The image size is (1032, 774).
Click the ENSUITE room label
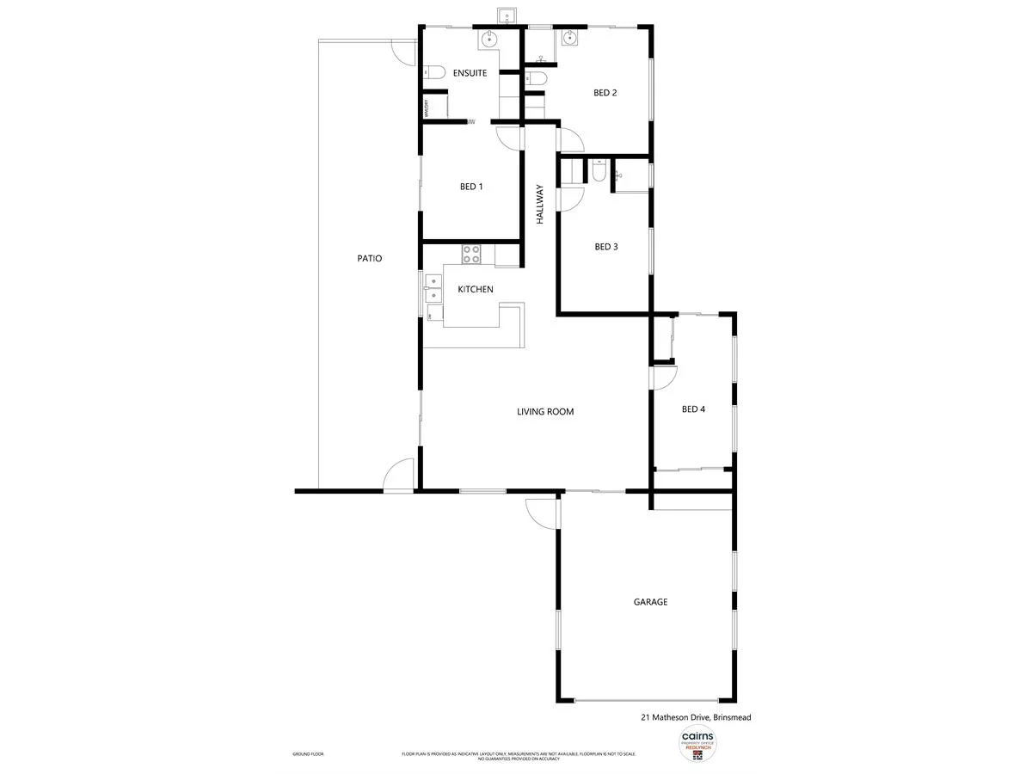(470, 73)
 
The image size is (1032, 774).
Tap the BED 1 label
(471, 187)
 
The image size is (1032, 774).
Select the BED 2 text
(605, 93)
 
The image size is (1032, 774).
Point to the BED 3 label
(606, 247)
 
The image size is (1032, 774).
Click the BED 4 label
(693, 409)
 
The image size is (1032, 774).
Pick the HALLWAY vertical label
(541, 205)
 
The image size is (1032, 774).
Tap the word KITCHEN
(476, 289)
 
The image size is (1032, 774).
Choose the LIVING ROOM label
(545, 412)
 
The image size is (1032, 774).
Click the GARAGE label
(650, 602)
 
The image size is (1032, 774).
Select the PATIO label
(370, 258)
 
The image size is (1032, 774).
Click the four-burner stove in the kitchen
(471, 254)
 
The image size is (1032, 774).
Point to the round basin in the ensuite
(488, 38)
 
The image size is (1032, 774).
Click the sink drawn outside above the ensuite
(506, 16)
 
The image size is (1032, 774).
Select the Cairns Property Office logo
(697, 743)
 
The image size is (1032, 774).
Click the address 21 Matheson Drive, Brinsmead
(697, 716)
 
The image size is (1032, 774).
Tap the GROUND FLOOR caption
(308, 754)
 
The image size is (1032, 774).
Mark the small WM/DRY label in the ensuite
(425, 108)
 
